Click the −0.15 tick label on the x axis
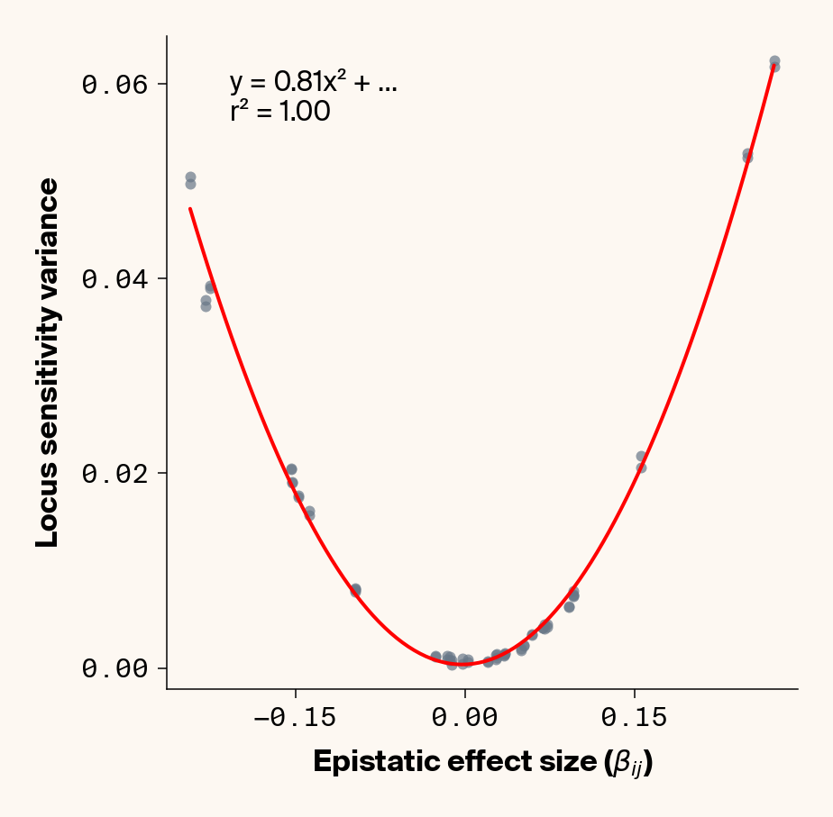(295, 718)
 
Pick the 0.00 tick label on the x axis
(464, 718)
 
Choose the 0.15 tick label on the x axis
(635, 718)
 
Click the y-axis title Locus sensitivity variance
(48, 362)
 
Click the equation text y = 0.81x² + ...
(312, 84)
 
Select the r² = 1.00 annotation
(279, 113)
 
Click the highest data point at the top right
(774, 62)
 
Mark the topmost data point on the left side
(190, 177)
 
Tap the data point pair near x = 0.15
(641, 461)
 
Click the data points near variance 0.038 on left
(206, 304)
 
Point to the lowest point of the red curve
(462, 664)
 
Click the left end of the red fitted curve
(190, 208)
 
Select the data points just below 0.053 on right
(747, 156)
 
